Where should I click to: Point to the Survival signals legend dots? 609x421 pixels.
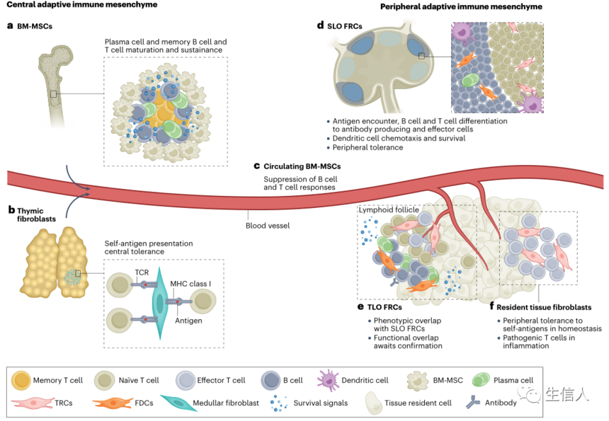coord(277,404)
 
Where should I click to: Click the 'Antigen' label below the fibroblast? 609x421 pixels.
coord(186,321)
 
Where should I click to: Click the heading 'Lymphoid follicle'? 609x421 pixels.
coord(389,210)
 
